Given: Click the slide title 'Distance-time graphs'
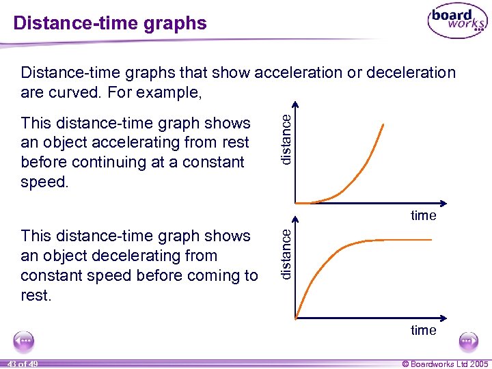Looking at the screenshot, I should point(110,23).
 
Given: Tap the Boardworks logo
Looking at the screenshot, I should point(457,22).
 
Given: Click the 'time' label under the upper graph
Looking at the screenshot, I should point(423,215).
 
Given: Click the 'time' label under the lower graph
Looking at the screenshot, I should point(423,330).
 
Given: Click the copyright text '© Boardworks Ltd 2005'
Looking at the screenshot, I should point(445,364).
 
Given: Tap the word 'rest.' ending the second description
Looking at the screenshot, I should point(37,295).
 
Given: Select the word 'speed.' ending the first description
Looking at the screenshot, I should point(44,182).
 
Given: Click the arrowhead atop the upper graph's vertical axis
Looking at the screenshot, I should point(295,106).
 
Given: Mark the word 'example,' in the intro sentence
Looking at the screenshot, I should point(173,92).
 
